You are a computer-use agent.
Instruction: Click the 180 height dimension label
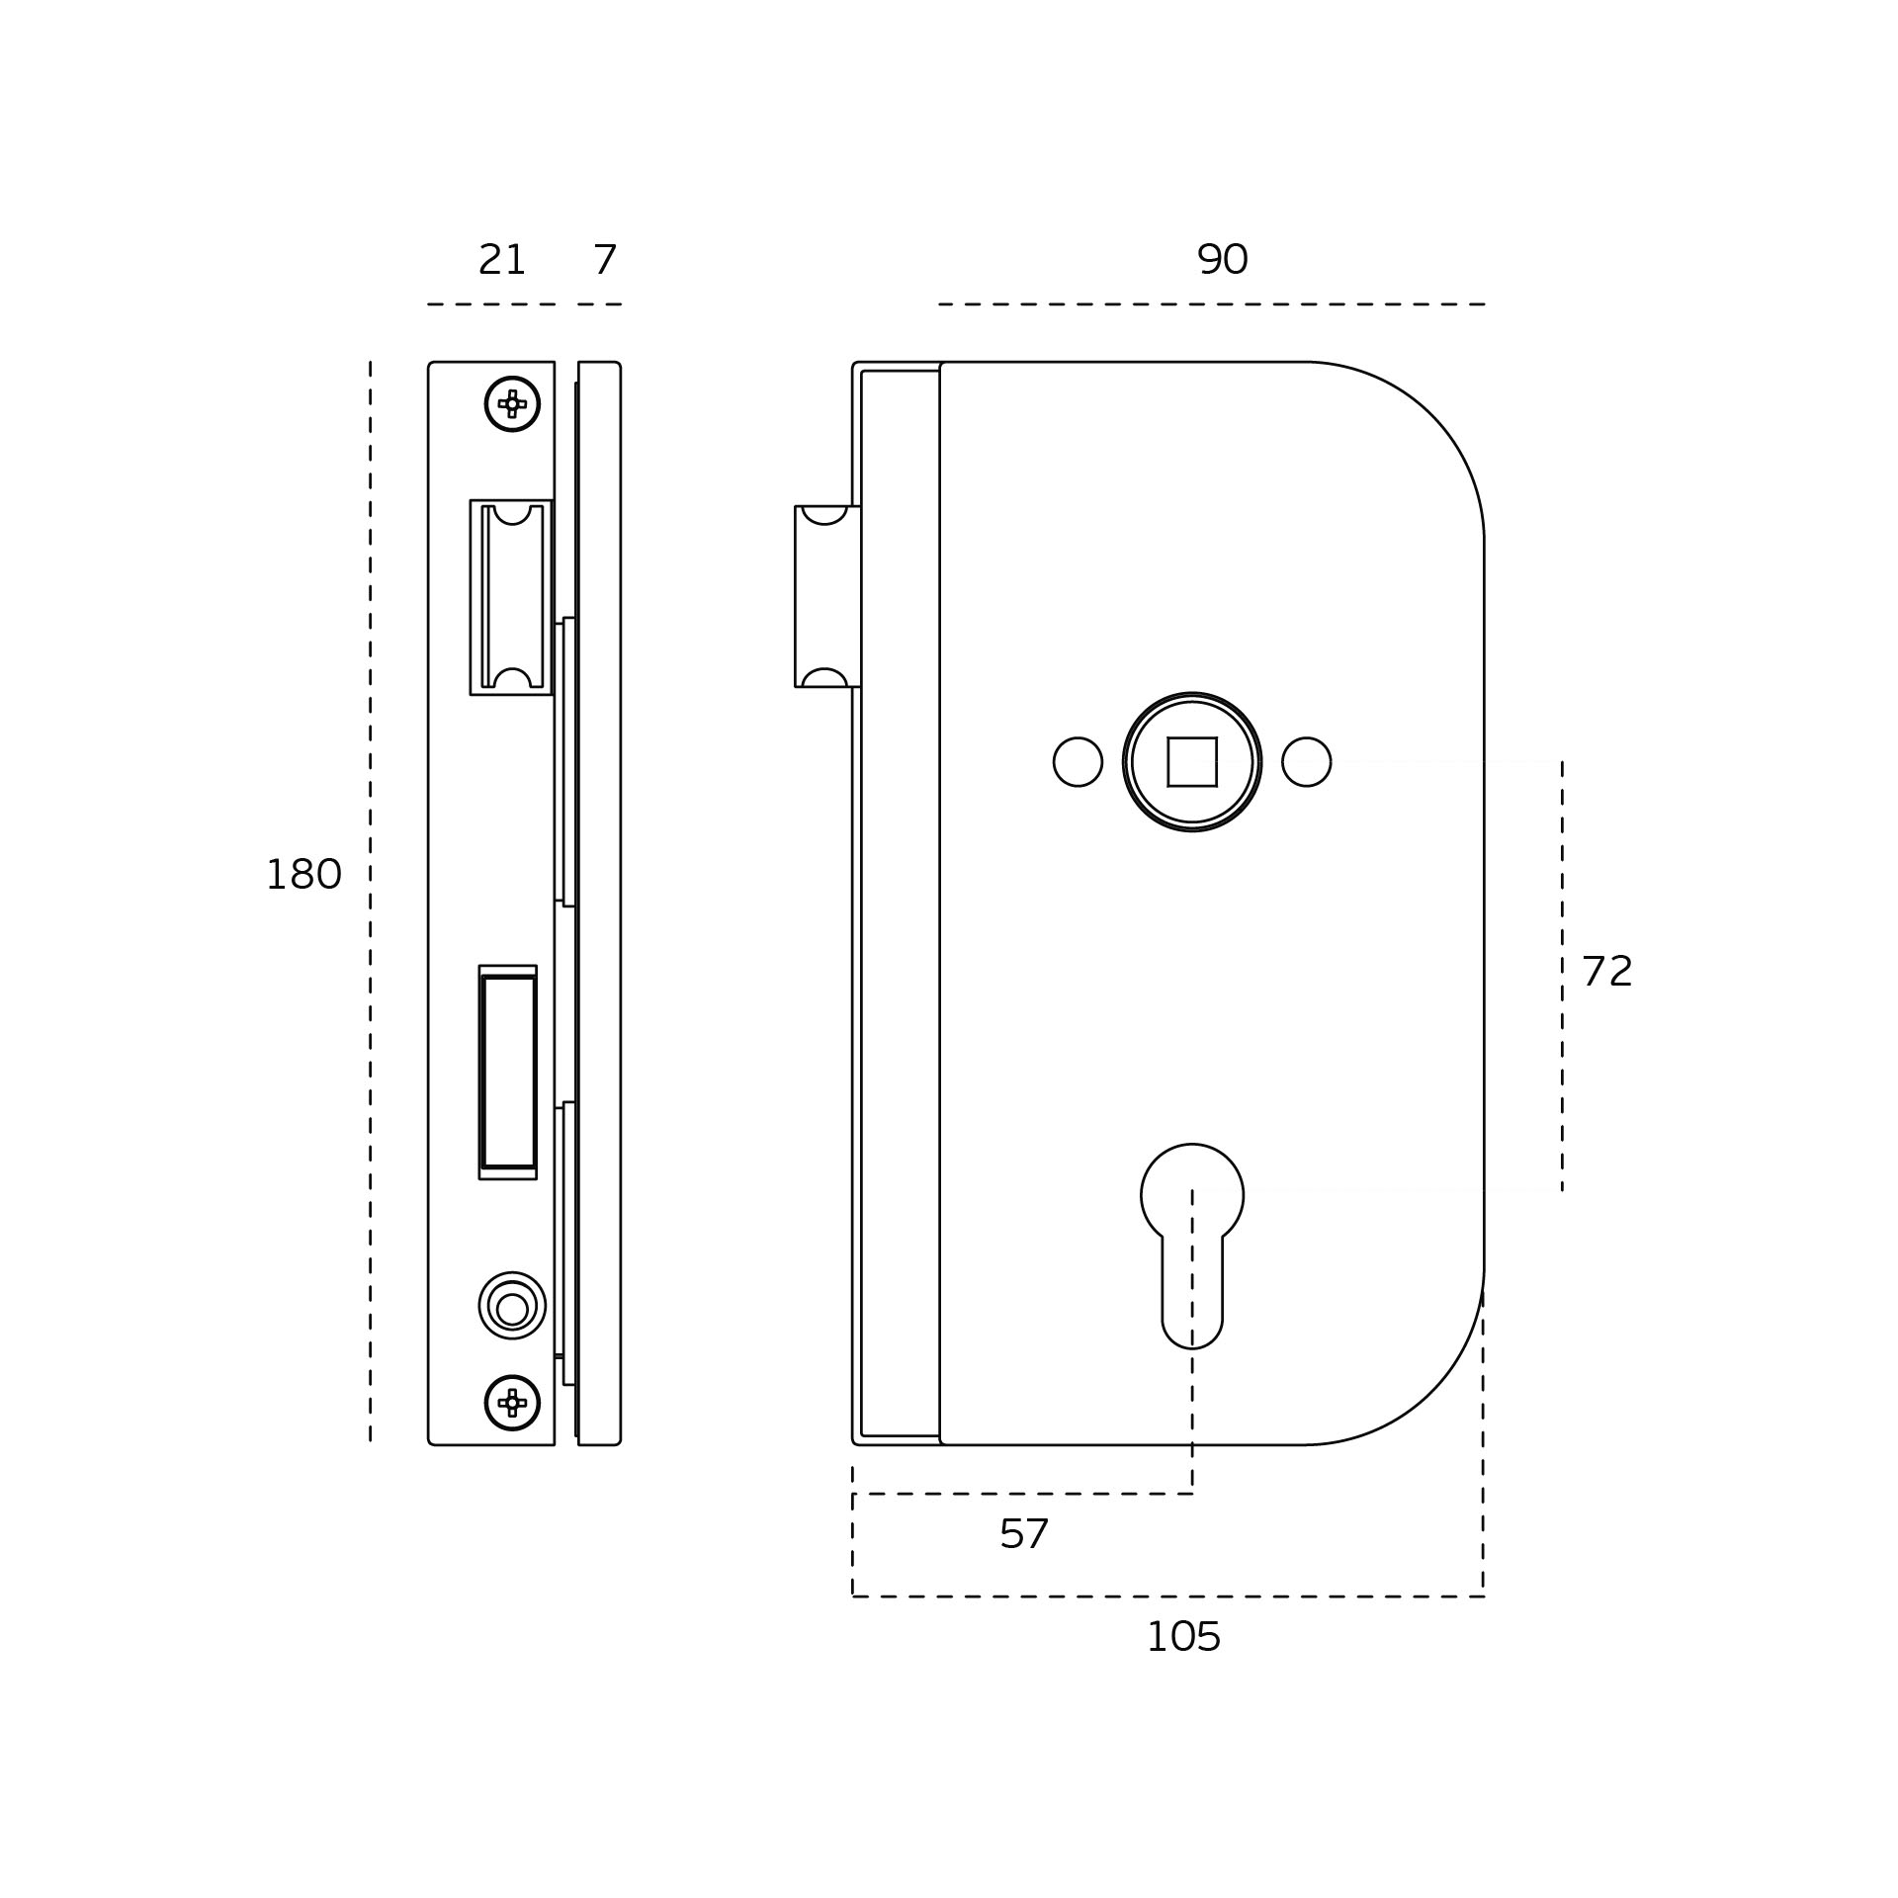(303, 875)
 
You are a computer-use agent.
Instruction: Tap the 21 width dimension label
(501, 260)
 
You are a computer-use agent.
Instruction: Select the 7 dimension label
(605, 260)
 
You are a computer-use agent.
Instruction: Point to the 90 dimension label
(1223, 260)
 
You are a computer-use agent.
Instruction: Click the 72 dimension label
(1606, 971)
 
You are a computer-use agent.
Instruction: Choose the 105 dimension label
(1183, 1637)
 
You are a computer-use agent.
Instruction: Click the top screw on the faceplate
(512, 403)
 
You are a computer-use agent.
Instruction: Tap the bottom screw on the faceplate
(512, 1402)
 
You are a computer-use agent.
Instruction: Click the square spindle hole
(1192, 761)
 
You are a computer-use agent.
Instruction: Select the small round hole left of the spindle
(1078, 761)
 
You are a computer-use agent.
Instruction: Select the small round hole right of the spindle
(1307, 761)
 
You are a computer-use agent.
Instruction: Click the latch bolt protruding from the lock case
(826, 596)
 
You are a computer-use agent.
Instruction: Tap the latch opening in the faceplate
(511, 597)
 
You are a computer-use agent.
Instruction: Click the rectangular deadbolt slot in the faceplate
(508, 1072)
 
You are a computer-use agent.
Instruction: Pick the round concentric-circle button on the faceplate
(512, 1305)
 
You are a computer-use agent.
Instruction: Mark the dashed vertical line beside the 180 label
(371, 901)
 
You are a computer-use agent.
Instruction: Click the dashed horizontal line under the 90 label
(1212, 304)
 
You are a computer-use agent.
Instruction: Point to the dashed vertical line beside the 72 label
(1562, 976)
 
